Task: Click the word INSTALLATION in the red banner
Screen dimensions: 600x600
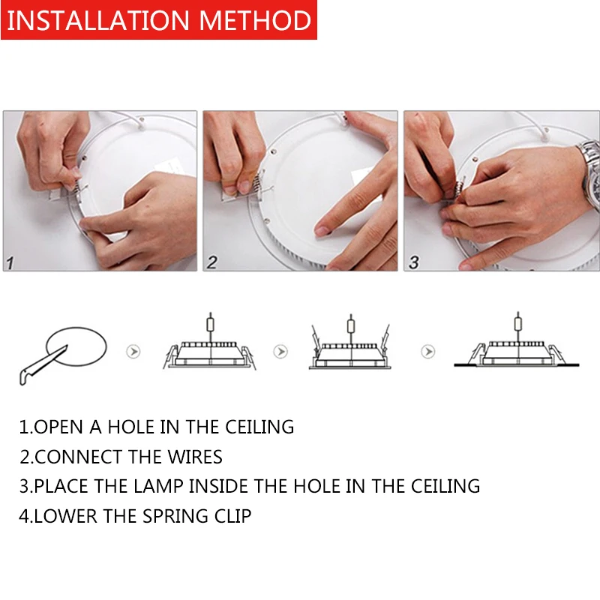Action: pos(98,20)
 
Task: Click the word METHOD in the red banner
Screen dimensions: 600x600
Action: pos(255,20)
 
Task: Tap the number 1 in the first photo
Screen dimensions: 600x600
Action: pos(10,263)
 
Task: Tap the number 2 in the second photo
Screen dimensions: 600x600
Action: pos(212,262)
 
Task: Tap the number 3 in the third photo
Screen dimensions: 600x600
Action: pos(414,262)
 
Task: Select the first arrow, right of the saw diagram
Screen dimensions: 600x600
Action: pos(133,351)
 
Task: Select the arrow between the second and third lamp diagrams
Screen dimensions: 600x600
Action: pos(280,351)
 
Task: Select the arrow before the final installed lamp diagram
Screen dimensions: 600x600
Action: pos(427,351)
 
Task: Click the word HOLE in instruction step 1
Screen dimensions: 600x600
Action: pos(130,427)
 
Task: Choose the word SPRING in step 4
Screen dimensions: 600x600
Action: pos(175,517)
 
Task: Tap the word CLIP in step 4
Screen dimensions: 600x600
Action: pos(232,516)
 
